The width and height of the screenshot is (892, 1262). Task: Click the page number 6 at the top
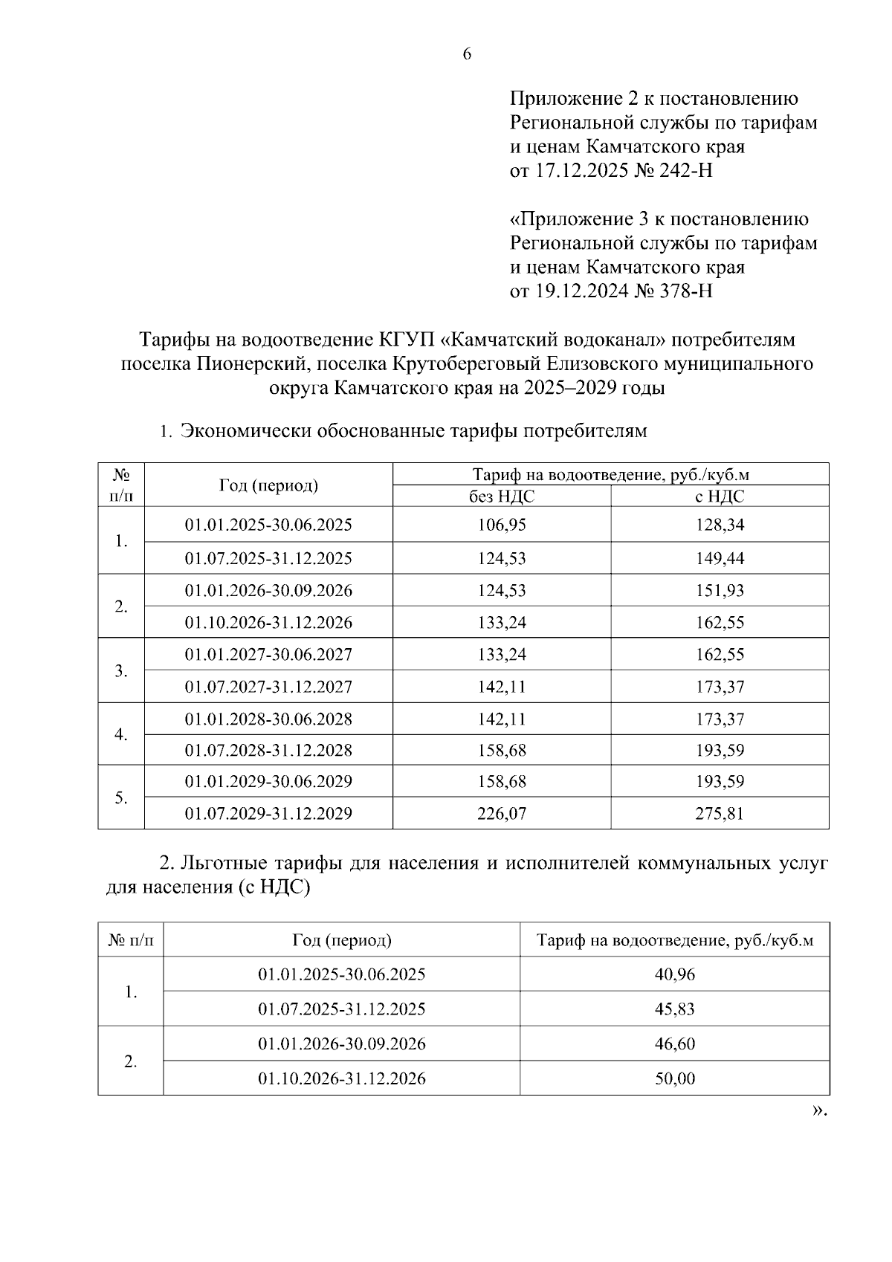(x=467, y=54)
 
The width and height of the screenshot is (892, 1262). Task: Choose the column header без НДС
(x=502, y=496)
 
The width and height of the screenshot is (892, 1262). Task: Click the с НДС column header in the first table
(x=720, y=496)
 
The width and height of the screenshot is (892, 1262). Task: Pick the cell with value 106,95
(x=502, y=525)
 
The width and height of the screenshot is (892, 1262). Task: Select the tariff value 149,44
(x=720, y=558)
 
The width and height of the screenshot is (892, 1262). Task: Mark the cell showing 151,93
(x=720, y=591)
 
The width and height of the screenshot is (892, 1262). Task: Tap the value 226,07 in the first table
(x=502, y=813)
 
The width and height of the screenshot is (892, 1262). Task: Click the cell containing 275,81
(x=720, y=813)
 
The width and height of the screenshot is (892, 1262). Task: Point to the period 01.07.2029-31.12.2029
(x=268, y=813)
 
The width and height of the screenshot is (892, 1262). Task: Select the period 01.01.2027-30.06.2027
(x=268, y=655)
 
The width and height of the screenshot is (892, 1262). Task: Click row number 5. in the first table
(x=121, y=797)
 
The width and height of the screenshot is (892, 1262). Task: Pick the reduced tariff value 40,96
(x=675, y=974)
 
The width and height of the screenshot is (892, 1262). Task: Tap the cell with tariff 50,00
(x=675, y=1078)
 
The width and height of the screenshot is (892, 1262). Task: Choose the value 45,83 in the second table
(x=675, y=1009)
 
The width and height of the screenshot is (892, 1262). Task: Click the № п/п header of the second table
(x=131, y=941)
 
